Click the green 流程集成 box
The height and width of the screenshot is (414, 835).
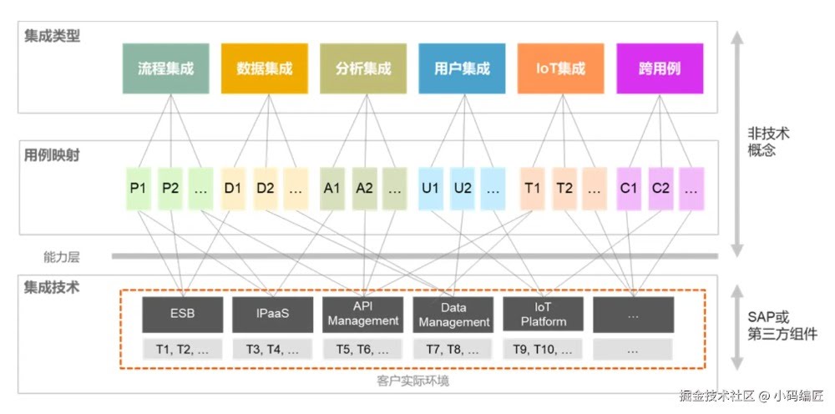point(165,68)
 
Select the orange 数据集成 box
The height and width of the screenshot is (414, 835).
point(265,68)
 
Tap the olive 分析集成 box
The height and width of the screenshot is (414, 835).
point(363,68)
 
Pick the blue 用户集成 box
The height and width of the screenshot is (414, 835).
point(462,68)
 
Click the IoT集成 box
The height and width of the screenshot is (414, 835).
point(560,68)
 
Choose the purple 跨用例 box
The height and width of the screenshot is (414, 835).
point(660,68)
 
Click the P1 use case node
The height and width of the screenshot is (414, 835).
point(138,188)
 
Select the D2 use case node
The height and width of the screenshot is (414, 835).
point(266,188)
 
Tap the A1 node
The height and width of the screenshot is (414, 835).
point(331,188)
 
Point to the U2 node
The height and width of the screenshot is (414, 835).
point(463,188)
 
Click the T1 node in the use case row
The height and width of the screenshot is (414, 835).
point(532,188)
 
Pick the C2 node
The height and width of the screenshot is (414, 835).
point(660,188)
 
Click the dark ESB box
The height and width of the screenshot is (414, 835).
point(183,315)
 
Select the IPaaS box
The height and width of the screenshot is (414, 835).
point(273,315)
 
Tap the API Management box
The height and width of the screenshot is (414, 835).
point(363,315)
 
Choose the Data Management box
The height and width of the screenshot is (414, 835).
point(453,315)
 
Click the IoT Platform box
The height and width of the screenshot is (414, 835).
point(544,315)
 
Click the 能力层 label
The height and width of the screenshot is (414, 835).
point(62,257)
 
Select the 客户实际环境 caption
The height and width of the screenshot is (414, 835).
point(412,381)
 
